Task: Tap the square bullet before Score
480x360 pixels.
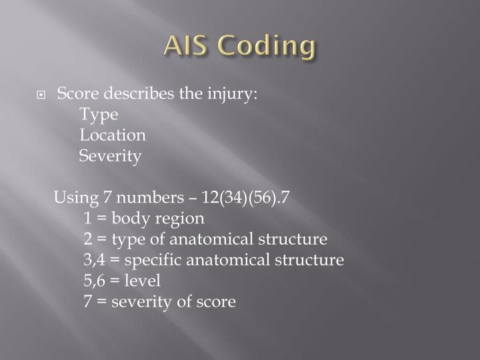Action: pos(41,95)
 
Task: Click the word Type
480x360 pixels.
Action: pos(99,115)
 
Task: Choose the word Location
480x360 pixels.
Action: pos(113,135)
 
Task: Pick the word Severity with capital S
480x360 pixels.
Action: pos(110,157)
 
